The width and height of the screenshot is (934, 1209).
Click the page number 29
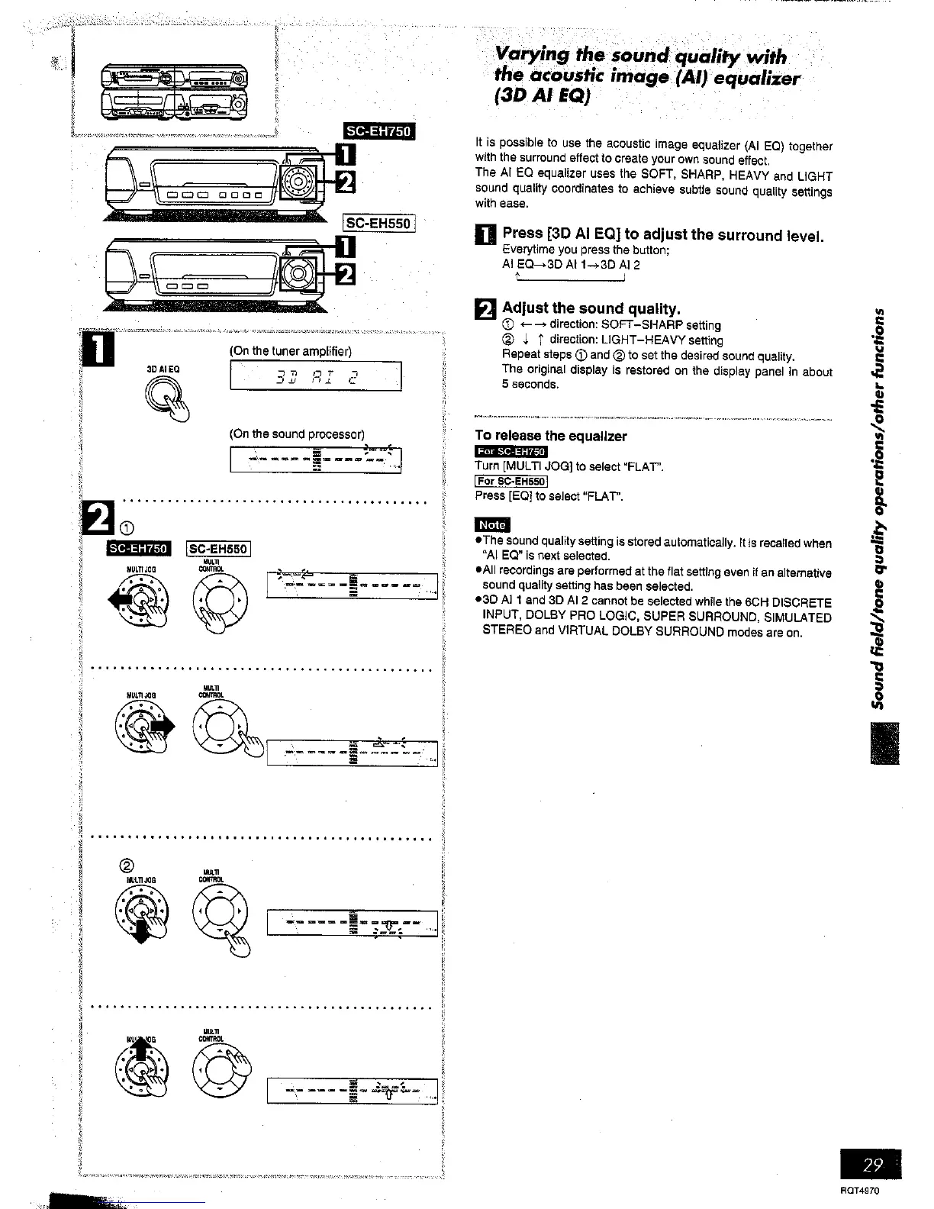pyautogui.click(x=873, y=1165)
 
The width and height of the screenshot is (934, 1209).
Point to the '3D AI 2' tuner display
pyautogui.click(x=315, y=376)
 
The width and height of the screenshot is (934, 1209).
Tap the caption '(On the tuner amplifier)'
pyautogui.click(x=290, y=350)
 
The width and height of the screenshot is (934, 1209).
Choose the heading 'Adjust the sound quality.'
pyautogui.click(x=590, y=308)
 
